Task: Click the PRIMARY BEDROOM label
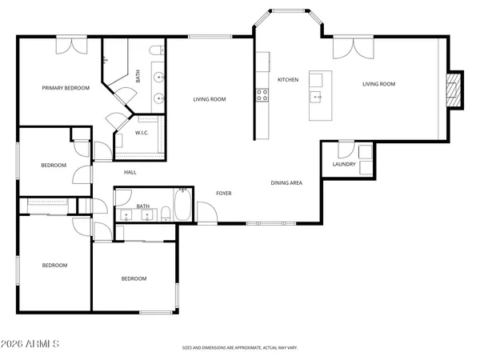click(66, 88)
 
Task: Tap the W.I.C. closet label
click(142, 133)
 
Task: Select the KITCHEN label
click(288, 80)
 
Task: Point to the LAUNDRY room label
click(344, 164)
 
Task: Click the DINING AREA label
click(286, 183)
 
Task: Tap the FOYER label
click(224, 194)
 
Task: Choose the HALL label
click(130, 173)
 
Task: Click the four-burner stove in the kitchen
click(262, 95)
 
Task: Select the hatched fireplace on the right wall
click(454, 90)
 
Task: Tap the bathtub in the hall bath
click(182, 205)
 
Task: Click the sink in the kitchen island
click(316, 97)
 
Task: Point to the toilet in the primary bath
click(157, 50)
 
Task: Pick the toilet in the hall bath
click(166, 214)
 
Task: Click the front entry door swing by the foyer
click(207, 213)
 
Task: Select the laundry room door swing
click(346, 150)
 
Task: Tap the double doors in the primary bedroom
click(72, 46)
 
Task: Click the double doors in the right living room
click(354, 47)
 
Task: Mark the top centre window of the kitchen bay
click(289, 11)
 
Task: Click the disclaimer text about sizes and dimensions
click(240, 348)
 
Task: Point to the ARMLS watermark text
click(30, 344)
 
